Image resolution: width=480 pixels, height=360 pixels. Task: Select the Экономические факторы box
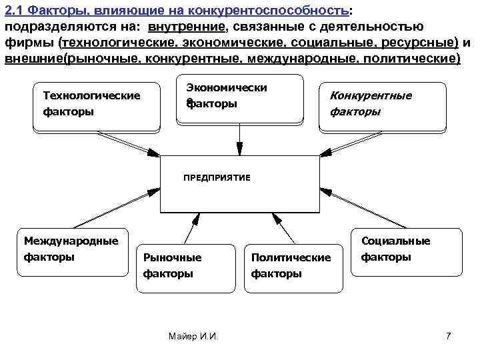(240, 98)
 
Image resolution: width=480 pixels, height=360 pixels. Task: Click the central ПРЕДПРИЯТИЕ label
(217, 178)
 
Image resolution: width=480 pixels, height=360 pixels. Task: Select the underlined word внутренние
(187, 26)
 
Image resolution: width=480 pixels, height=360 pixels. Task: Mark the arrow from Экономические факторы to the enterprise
(240, 139)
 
